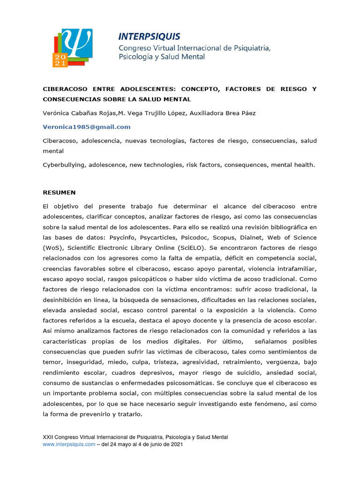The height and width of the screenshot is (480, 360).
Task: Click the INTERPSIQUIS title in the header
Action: point(149,37)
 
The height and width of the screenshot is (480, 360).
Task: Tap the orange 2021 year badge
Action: point(60,59)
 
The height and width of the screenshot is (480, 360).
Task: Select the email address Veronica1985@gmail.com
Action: point(87,127)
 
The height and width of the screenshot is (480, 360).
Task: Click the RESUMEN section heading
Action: point(59,193)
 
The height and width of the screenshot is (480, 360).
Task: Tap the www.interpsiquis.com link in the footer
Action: point(69,444)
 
